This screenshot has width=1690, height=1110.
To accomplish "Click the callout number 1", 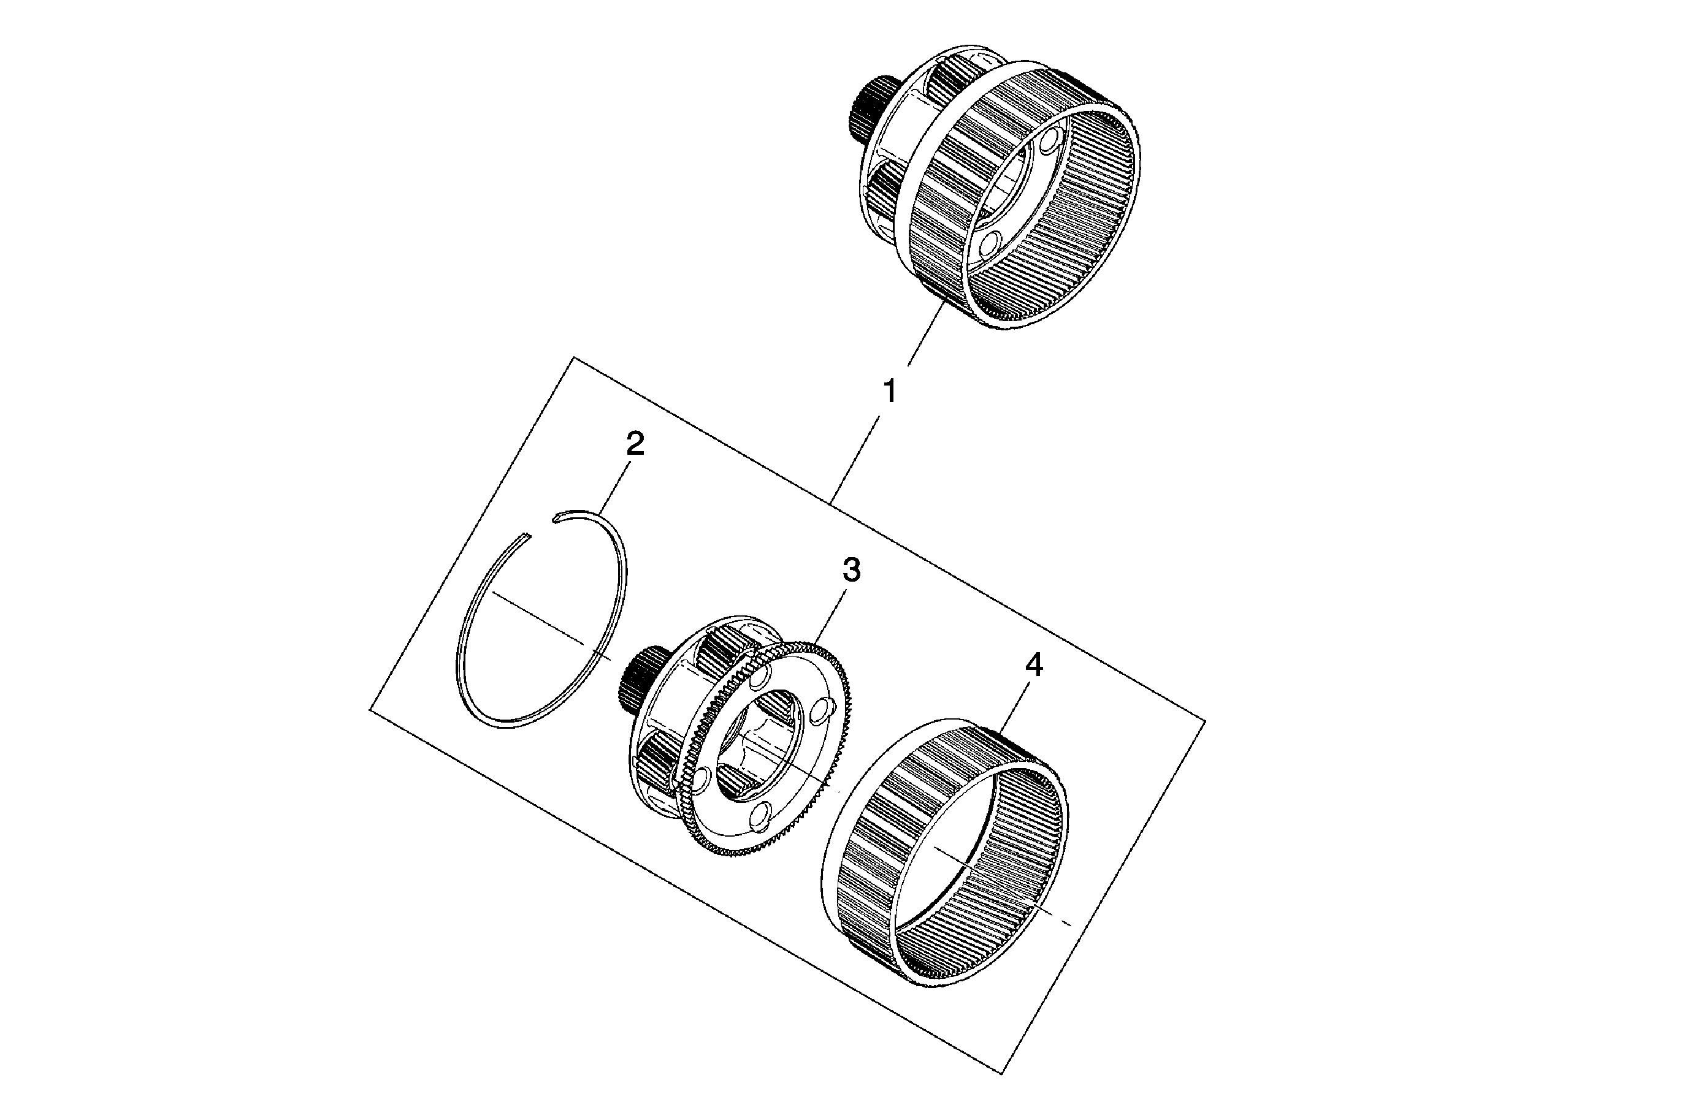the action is [889, 391].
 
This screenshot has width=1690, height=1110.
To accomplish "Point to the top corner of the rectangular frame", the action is [574, 358].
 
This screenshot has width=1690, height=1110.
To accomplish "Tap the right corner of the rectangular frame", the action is [1205, 721].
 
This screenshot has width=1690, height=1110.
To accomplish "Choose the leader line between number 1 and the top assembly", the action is [925, 334].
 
